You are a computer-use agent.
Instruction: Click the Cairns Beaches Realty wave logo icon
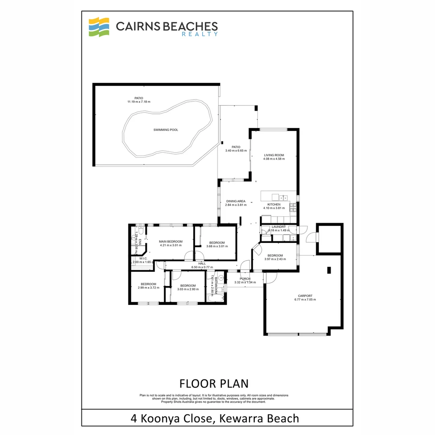click(99, 27)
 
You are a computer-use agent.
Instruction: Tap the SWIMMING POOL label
click(166, 130)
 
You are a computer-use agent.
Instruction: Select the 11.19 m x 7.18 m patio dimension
click(139, 102)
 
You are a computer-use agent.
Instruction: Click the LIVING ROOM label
click(274, 155)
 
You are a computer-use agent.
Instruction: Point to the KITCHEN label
click(274, 204)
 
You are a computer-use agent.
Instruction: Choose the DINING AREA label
click(236, 201)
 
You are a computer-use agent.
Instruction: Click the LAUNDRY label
click(278, 227)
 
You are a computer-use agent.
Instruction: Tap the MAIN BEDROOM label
click(171, 241)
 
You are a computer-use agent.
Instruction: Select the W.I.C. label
click(143, 258)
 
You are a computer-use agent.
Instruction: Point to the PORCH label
click(245, 279)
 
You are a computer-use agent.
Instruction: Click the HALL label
click(202, 263)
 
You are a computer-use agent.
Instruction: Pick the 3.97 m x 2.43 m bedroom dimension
click(275, 259)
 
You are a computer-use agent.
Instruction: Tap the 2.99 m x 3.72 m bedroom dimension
click(149, 288)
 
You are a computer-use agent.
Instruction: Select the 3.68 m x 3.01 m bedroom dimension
click(217, 246)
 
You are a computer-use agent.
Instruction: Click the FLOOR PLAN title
click(213, 383)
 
